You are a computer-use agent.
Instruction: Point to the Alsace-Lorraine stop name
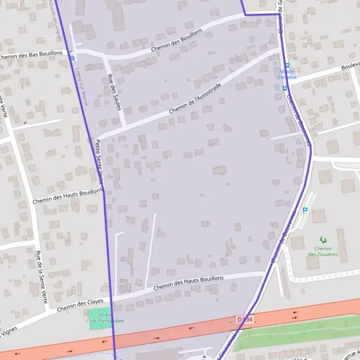pos(286,74)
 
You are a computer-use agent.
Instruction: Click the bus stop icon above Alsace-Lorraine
pos(287,65)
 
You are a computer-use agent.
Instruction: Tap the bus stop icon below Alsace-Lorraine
pos(284,88)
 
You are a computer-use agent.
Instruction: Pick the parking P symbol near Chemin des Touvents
pos(305,211)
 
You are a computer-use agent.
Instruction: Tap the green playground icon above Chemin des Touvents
pos(323,239)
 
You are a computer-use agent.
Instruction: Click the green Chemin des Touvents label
pos(323,251)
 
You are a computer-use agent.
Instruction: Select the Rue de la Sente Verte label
pos(41,276)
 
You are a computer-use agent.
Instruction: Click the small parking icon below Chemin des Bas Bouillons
pos(71,58)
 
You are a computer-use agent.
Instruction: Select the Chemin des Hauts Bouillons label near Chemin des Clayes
pos(188,283)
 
